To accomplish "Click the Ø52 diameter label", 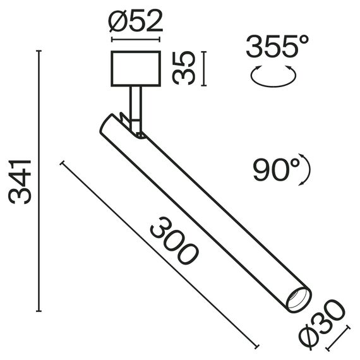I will point(135,23).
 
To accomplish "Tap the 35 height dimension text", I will point(184,69).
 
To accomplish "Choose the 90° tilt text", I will point(276,169).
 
